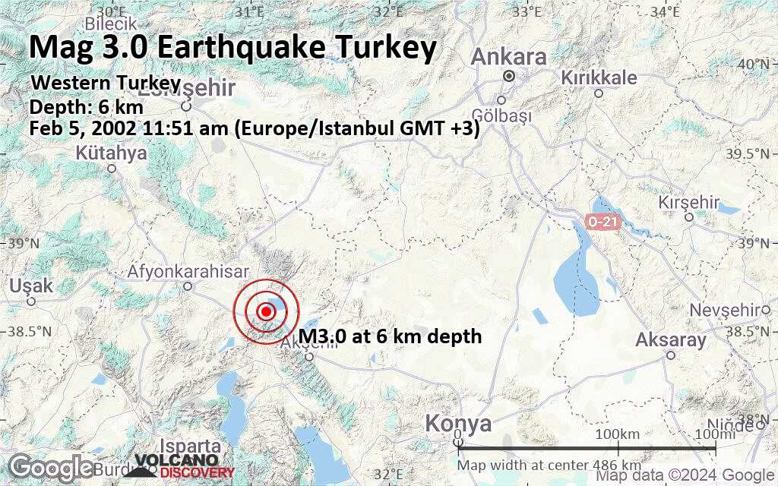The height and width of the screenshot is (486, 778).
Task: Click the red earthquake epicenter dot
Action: pos(266,311)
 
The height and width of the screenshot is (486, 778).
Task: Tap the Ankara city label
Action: pos(509,57)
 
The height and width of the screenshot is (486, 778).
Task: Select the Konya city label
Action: pos(458,423)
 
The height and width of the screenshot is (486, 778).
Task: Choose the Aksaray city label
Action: pos(671,339)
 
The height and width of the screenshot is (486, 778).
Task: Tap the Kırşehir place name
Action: pos(688,202)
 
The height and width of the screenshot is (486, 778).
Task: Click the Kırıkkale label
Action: pos(598,77)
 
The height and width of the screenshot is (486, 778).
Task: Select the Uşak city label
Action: pos(31,286)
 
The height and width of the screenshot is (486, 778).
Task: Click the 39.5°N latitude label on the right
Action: pos(757,154)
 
